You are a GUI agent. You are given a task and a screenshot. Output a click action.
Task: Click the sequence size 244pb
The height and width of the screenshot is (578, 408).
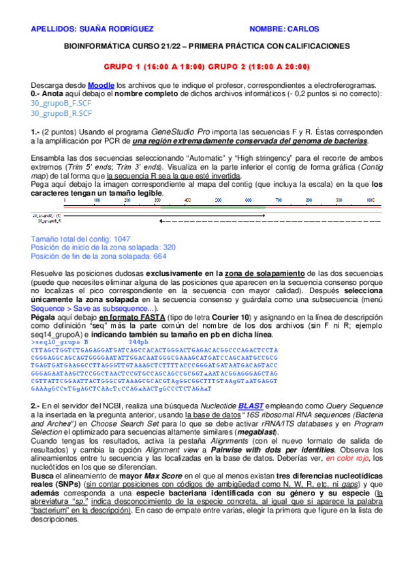(148, 341)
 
